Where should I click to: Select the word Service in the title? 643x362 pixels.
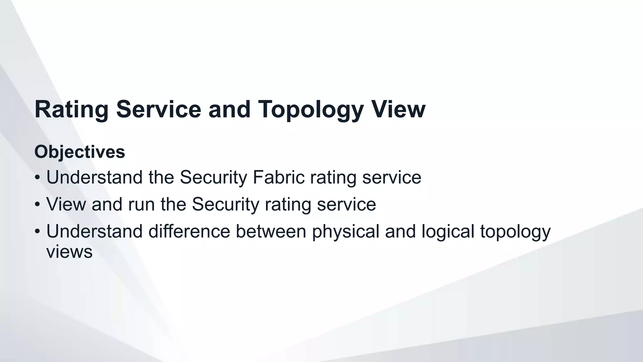[x=159, y=109]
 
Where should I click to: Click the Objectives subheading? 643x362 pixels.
[x=80, y=152]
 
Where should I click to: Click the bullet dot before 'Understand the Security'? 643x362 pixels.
[x=37, y=178]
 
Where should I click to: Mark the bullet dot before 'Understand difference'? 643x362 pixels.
[x=37, y=232]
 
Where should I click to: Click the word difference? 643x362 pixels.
[x=189, y=231]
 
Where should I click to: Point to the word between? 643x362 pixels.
[x=271, y=231]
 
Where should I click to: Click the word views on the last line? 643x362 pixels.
[x=69, y=252]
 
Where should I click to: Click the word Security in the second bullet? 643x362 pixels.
[x=225, y=205]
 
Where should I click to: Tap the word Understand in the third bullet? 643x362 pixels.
[x=95, y=231]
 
